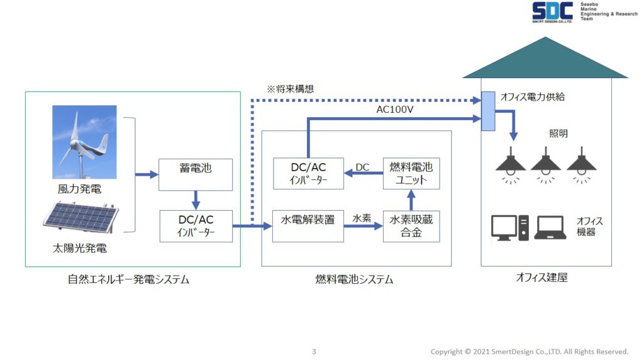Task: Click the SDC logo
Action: [x=552, y=12]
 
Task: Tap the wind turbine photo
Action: [x=84, y=142]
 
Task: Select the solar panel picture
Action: [x=81, y=216]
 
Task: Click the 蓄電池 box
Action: [x=196, y=175]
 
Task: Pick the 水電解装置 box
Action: [x=308, y=226]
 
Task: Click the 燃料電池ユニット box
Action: [x=411, y=174]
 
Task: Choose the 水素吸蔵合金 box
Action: [x=411, y=226]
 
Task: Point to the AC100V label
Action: [x=395, y=110]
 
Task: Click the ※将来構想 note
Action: [x=290, y=89]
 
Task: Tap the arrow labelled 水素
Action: [x=363, y=226]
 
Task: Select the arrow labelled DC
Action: [x=364, y=173]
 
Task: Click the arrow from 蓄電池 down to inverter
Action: [x=196, y=200]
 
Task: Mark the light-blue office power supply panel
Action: [x=488, y=111]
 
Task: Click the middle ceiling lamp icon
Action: [x=545, y=164]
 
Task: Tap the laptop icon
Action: [x=550, y=228]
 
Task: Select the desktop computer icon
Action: [x=509, y=228]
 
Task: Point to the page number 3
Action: [x=314, y=351]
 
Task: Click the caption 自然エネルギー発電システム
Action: [x=128, y=279]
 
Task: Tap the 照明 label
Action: [x=558, y=133]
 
